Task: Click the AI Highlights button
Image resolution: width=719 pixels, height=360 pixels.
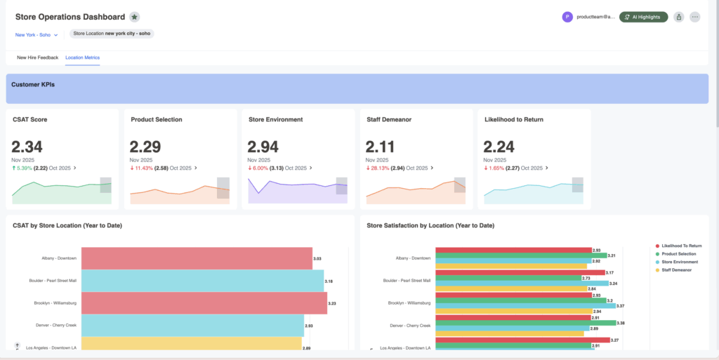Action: [x=643, y=17]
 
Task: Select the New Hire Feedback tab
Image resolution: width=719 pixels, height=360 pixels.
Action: [x=37, y=58]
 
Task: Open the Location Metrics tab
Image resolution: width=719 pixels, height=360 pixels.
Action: [x=82, y=58]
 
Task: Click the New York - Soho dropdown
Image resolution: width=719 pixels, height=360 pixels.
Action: [x=37, y=34]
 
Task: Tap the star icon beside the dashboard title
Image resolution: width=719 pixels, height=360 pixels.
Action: [x=134, y=17]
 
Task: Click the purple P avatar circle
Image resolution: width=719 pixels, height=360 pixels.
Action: [x=567, y=17]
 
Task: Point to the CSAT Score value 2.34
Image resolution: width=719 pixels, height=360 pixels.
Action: [x=27, y=147]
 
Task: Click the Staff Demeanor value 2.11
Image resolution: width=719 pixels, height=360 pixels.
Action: [x=381, y=147]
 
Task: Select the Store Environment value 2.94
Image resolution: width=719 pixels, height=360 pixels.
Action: [x=263, y=147]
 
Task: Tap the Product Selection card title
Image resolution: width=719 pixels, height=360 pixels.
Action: [x=157, y=119]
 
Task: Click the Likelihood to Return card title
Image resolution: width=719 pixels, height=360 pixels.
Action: [x=514, y=119]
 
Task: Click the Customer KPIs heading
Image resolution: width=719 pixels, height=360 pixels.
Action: [x=33, y=84]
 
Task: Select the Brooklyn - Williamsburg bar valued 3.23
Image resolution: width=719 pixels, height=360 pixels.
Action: [x=204, y=302]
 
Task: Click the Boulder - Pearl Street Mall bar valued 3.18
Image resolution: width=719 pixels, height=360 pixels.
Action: [x=202, y=281]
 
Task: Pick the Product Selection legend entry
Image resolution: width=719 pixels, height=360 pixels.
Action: [x=678, y=253]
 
